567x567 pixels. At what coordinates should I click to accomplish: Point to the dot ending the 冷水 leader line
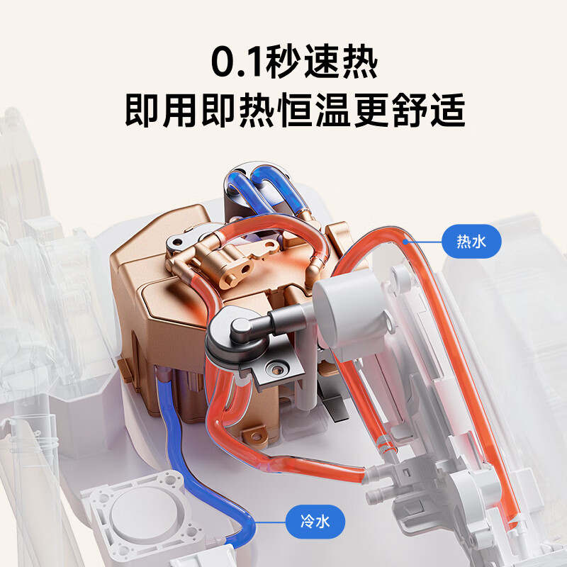(x=254, y=522)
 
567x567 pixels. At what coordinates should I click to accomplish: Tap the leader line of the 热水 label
(x=425, y=242)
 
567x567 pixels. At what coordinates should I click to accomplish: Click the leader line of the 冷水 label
(x=273, y=523)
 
